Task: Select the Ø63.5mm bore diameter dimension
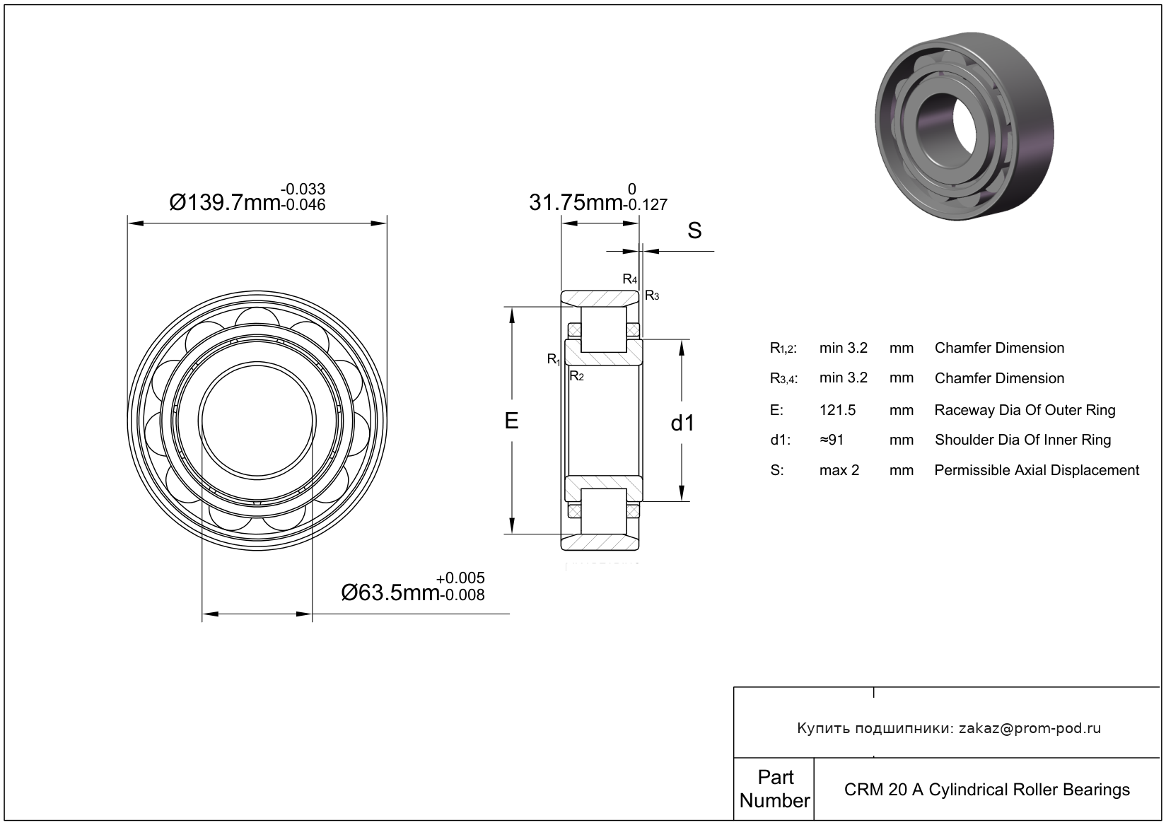coord(413,587)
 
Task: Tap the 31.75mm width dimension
coord(598,198)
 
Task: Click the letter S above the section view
coord(694,230)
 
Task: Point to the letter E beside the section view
coord(511,421)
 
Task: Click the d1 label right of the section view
coord(682,423)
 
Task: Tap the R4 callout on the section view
coord(630,279)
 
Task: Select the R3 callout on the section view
coord(652,296)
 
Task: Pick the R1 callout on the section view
coord(554,359)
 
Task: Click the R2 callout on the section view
coord(576,376)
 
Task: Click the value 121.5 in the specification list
coord(837,410)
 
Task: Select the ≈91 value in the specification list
coord(832,440)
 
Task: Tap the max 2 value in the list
coord(839,470)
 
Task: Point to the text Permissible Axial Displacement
coord(1037,470)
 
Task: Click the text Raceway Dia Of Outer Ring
coord(1025,410)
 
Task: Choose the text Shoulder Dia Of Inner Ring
coord(1022,440)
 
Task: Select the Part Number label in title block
coord(774,788)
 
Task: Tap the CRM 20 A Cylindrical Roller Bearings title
coord(987,790)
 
